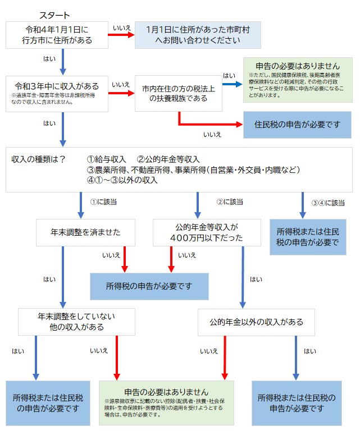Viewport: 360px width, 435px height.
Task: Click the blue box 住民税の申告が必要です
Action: pos(298,125)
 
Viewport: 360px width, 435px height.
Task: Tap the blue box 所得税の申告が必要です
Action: pos(149,286)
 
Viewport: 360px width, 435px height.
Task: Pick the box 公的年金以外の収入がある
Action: pos(256,322)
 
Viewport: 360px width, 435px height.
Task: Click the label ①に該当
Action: pos(103,201)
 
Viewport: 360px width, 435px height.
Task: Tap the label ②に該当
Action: pos(230,201)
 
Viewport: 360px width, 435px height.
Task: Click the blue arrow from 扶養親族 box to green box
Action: pos(230,85)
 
